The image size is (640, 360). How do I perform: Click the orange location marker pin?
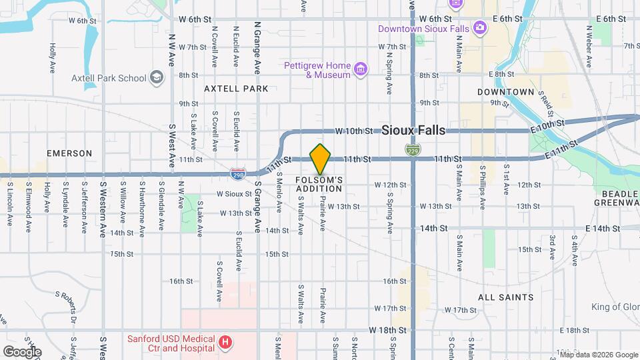click(x=321, y=159)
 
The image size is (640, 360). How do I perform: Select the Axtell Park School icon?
click(x=157, y=78)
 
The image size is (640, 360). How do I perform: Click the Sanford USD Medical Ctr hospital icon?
click(x=226, y=343)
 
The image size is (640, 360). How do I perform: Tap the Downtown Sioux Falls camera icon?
click(x=479, y=27)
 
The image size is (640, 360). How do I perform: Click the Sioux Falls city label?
click(x=413, y=131)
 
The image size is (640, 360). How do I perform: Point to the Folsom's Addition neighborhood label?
click(x=319, y=184)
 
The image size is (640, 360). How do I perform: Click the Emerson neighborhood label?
click(x=69, y=153)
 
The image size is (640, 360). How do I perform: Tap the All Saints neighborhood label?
click(x=506, y=297)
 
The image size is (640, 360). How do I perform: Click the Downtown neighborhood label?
click(x=506, y=91)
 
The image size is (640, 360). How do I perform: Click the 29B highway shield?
click(x=237, y=174)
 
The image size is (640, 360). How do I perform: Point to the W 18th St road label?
click(x=387, y=330)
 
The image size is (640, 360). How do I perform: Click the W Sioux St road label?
click(x=233, y=194)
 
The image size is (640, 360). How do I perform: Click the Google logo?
click(x=22, y=351)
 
